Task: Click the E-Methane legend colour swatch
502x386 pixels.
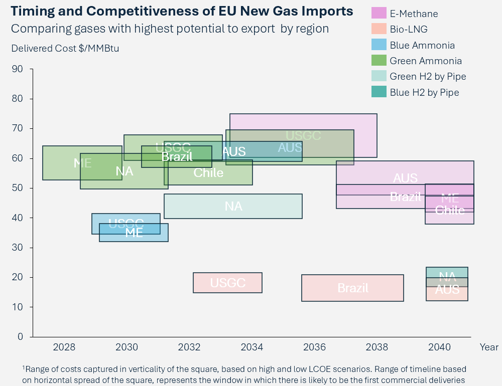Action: pyautogui.click(x=379, y=14)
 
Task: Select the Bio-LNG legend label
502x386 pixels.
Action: pyautogui.click(x=409, y=30)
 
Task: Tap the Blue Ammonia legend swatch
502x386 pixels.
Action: pyautogui.click(x=379, y=45)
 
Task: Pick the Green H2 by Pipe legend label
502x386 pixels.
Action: pyautogui.click(x=428, y=77)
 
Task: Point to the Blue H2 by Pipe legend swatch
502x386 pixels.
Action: pyautogui.click(x=379, y=92)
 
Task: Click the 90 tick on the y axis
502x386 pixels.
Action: pyautogui.click(x=18, y=69)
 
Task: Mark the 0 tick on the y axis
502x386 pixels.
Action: pyautogui.click(x=20, y=336)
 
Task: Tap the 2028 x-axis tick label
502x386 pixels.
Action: pyautogui.click(x=64, y=347)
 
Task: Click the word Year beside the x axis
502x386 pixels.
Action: pyautogui.click(x=488, y=347)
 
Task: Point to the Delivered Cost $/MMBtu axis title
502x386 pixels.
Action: pyautogui.click(x=65, y=48)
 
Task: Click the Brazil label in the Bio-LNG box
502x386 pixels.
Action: pyautogui.click(x=352, y=288)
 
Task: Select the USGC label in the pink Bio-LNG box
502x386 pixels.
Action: pyautogui.click(x=227, y=283)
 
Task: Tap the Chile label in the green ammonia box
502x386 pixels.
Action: pyautogui.click(x=208, y=173)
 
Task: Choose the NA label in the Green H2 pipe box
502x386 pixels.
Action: pyautogui.click(x=233, y=206)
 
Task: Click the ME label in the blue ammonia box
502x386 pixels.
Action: pyautogui.click(x=134, y=233)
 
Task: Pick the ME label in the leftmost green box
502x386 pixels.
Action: pyautogui.click(x=82, y=163)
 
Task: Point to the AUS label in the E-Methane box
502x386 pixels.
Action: pyautogui.click(x=405, y=178)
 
